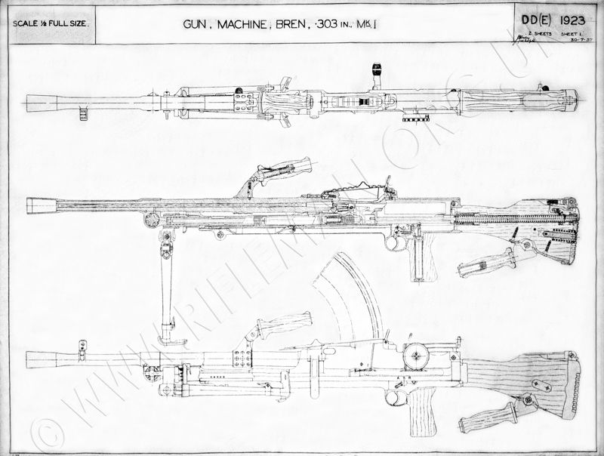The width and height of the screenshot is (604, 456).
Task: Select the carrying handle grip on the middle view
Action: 287,168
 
